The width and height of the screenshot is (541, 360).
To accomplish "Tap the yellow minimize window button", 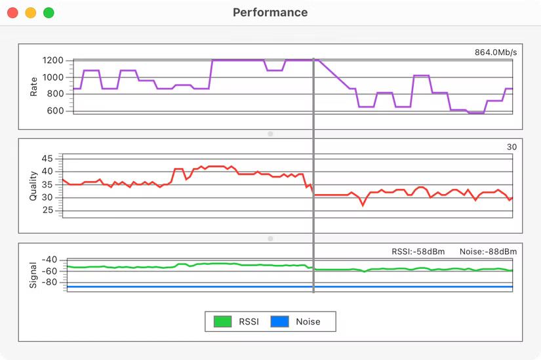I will click(x=30, y=12).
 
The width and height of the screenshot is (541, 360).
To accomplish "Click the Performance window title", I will click(x=270, y=12).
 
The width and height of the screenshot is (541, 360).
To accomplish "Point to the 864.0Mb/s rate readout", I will click(x=496, y=52).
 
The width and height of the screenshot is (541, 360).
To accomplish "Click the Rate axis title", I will click(x=34, y=86).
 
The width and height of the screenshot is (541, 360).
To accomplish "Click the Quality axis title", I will click(x=34, y=186).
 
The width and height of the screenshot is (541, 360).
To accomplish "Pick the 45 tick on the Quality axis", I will click(x=47, y=159).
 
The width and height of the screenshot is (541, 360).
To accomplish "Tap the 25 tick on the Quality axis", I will click(x=47, y=210).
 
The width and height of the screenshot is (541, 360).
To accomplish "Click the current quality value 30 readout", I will click(x=511, y=147).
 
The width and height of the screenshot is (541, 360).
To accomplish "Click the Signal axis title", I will click(x=34, y=275).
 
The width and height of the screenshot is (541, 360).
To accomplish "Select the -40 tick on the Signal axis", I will click(x=49, y=260).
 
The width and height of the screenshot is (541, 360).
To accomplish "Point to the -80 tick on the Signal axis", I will click(x=49, y=283).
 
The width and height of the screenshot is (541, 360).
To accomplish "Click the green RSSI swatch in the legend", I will click(x=223, y=321).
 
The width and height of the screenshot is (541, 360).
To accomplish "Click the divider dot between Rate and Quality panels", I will click(x=270, y=134).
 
